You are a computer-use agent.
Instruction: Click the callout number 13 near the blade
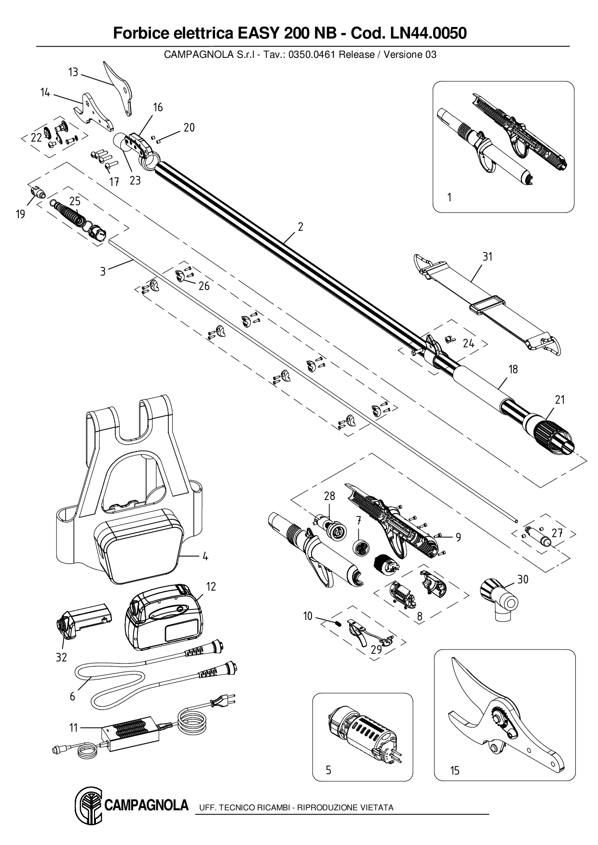coord(73,72)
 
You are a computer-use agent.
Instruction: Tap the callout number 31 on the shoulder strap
coord(488,257)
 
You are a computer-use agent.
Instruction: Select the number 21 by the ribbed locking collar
coord(559,399)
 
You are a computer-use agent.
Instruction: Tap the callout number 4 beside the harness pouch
coord(205,556)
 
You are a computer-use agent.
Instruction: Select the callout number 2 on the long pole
coord(300,227)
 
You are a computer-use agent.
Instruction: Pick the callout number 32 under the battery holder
coord(61,658)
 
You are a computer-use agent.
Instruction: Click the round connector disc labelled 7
coord(360,548)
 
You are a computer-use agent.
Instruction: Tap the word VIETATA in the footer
coord(376,808)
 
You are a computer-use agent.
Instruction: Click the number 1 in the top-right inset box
coord(449,198)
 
